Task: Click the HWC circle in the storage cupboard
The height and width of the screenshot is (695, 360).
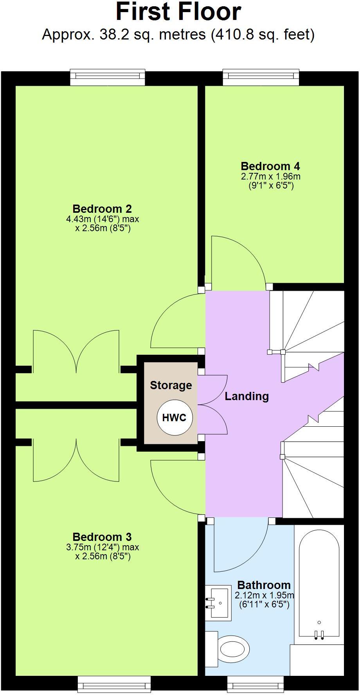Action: click(x=174, y=417)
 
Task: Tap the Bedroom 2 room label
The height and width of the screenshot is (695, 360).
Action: click(x=102, y=208)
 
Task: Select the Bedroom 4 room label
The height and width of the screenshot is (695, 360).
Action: click(x=270, y=166)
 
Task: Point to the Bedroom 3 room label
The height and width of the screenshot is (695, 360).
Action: click(x=102, y=537)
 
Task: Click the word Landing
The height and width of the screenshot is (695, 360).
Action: click(x=247, y=396)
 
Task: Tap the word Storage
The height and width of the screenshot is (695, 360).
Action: click(x=171, y=385)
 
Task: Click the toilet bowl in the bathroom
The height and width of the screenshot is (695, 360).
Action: click(x=234, y=649)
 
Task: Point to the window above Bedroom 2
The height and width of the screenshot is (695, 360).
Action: click(x=108, y=77)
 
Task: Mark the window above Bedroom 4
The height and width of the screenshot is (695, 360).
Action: click(x=261, y=77)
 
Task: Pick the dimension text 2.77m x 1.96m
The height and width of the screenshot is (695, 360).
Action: click(x=271, y=176)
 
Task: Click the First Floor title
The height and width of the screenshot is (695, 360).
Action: click(x=178, y=12)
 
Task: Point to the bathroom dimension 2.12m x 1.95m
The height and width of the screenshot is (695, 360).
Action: click(x=264, y=596)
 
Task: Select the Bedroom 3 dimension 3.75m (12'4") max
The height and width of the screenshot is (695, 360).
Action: click(x=103, y=547)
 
